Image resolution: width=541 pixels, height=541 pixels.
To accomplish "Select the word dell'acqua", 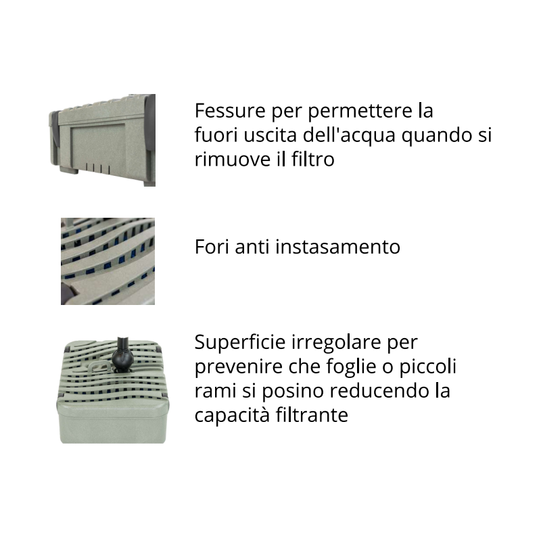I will coord(350,135).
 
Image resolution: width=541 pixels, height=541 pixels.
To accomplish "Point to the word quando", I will coord(436,135).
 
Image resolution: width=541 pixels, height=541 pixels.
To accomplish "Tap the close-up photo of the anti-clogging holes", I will coord(108,261).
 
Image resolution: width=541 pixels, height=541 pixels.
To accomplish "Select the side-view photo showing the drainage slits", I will coord(103,140).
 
